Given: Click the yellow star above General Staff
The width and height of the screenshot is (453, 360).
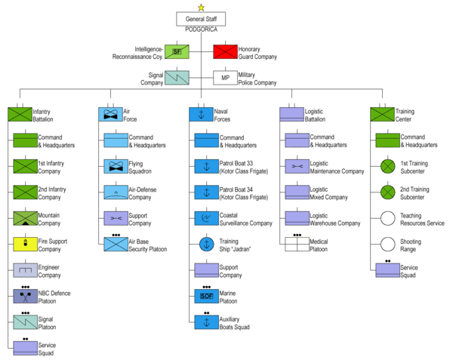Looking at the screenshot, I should point(201,7).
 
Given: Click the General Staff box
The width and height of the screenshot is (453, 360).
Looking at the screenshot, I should point(201,19).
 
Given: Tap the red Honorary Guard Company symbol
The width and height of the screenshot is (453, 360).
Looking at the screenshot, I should point(224,51).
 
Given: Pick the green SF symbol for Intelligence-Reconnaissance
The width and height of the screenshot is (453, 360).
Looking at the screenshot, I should point(177,51).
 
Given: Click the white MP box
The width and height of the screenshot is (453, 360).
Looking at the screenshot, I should point(224,78).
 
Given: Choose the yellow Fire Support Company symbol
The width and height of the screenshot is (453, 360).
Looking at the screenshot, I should point(25,244).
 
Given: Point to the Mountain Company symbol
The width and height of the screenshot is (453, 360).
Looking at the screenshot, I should point(25,219).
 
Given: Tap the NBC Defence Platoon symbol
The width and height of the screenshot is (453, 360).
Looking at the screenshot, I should point(25,296).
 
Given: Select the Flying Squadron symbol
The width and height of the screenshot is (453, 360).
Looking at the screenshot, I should point(116,166).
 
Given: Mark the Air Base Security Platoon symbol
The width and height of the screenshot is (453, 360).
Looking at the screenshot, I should point(116,244).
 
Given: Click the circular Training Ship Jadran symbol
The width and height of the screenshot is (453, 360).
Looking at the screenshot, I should point(206,244).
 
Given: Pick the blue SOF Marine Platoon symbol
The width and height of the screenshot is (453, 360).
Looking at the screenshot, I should point(206,296).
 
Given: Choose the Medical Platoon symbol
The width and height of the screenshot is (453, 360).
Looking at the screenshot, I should point(297,244).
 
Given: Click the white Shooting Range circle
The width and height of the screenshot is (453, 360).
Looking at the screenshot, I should point(387,244).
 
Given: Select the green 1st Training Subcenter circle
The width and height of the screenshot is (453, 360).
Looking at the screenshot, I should point(387,166).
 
